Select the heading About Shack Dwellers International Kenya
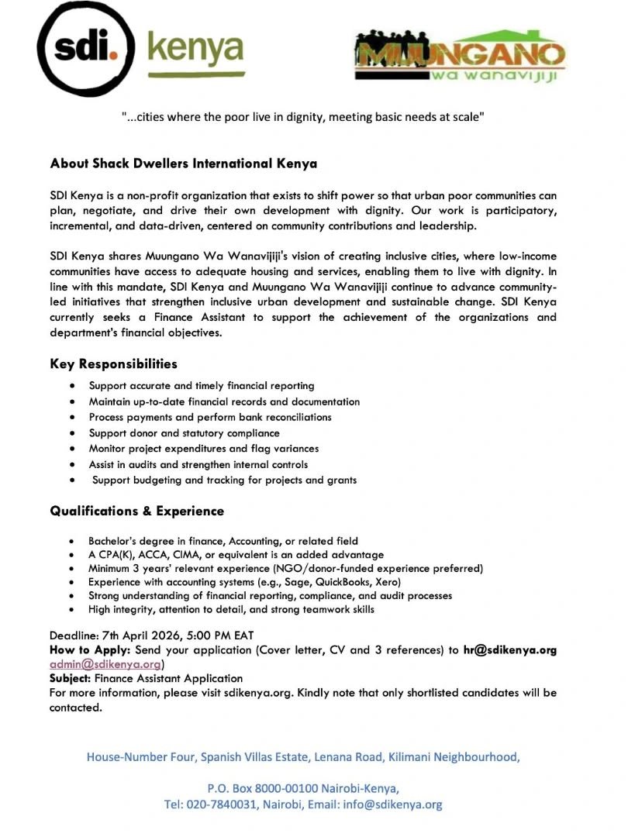[183, 164]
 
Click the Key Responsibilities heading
[113, 363]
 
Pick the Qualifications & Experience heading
[136, 511]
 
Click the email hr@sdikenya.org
[509, 650]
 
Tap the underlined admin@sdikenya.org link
[105, 664]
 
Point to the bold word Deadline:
[74, 636]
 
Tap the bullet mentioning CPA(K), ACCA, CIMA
[236, 555]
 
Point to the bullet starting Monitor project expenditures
[203, 449]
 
